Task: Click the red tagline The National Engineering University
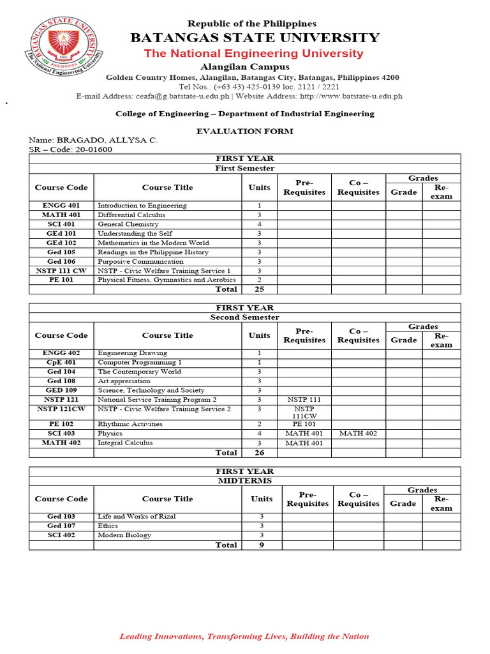coord(253,54)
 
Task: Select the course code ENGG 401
coord(61,206)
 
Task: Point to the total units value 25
coord(259,289)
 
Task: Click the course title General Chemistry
coord(128,224)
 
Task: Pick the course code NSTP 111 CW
coord(61,271)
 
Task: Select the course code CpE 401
coord(61,362)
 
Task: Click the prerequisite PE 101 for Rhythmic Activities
coord(304,424)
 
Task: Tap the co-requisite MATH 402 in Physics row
coord(358,434)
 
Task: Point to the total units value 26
coord(259,453)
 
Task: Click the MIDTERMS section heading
coord(244,480)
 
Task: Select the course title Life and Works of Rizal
coord(137,516)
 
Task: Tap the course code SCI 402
coord(61,535)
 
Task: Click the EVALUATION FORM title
coord(244,131)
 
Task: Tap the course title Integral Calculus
coord(125,443)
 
